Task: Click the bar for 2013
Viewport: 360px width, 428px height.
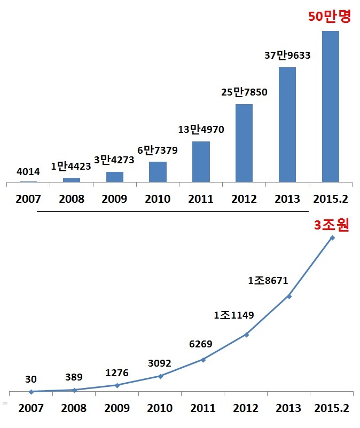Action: [x=287, y=124]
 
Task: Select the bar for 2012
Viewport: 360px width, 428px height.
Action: [x=244, y=142]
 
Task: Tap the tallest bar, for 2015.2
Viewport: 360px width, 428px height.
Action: [x=330, y=106]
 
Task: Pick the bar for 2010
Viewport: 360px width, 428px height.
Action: [x=158, y=171]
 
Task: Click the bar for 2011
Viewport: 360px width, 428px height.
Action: [x=201, y=161]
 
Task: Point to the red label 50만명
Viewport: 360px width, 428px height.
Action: [x=329, y=17]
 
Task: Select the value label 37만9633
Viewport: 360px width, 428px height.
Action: [x=287, y=55]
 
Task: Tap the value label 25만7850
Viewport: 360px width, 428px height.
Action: [x=244, y=92]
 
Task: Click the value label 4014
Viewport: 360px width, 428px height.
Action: [x=28, y=172]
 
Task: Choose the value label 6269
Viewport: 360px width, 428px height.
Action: [x=201, y=344]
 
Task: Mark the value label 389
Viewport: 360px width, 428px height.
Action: [x=74, y=377]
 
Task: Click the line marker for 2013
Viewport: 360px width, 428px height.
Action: [x=289, y=296]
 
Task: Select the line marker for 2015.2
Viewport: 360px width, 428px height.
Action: [x=332, y=237]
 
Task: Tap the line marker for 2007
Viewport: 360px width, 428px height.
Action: [x=32, y=392]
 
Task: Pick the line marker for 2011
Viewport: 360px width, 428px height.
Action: [x=203, y=360]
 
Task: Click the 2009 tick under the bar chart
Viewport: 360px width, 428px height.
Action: [x=114, y=199]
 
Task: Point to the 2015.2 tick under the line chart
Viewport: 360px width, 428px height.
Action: [x=331, y=408]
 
